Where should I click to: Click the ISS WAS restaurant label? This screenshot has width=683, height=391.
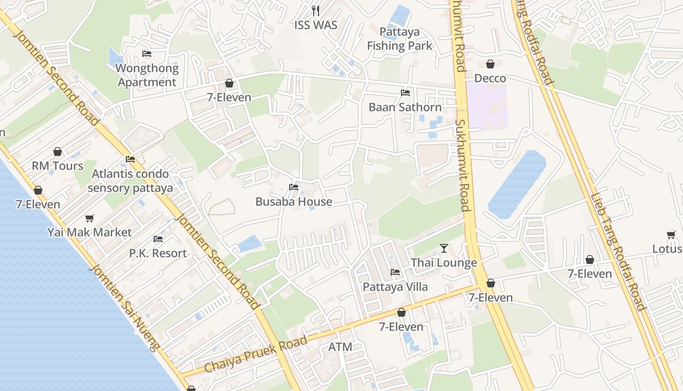pos(316,25)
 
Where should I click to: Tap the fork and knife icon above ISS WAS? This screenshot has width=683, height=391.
pos(316,10)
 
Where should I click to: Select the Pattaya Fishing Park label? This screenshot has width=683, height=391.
pos(400,39)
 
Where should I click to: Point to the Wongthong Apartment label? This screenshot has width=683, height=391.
pos(148,75)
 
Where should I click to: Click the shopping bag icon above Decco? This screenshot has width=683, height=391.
pos(490,64)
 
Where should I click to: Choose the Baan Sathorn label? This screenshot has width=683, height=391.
pos(405,107)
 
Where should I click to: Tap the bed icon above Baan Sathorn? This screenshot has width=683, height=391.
pos(405,92)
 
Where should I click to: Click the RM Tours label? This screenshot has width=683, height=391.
pos(58,166)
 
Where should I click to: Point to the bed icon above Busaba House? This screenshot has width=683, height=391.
pos(294,187)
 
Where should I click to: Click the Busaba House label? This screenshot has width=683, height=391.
pos(294,201)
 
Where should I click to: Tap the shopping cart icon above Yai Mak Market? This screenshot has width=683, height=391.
pos(89,218)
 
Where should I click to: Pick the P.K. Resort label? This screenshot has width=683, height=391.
pos(158,253)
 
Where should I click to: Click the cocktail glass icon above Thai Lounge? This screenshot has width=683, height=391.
pos(443,248)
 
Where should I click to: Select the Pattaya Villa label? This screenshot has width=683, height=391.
pos(395,286)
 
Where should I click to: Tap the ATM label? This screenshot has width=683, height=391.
pos(340,347)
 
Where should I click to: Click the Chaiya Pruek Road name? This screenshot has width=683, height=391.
pos(256,354)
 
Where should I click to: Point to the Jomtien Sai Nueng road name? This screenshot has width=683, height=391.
pos(125,308)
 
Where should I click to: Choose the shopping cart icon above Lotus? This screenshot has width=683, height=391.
pos(671,235)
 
